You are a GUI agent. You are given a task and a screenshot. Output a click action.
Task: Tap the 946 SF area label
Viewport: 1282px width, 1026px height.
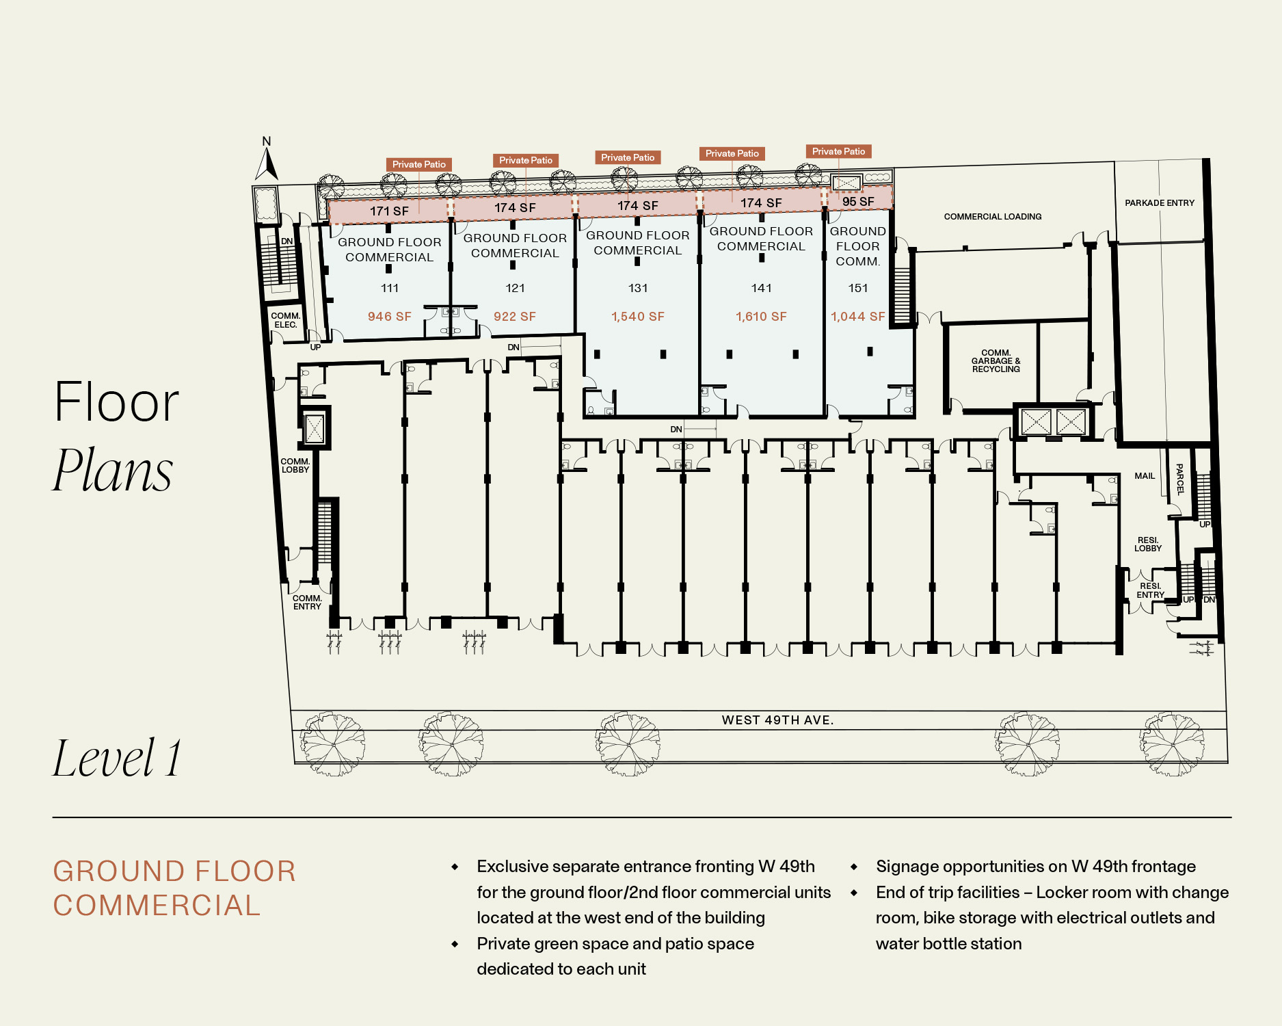[390, 317]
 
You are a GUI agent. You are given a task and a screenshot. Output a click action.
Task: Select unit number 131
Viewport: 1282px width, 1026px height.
[638, 288]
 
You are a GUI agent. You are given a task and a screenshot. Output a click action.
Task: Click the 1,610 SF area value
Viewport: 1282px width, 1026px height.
[761, 317]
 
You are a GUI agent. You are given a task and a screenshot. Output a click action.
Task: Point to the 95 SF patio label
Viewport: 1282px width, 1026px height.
[858, 202]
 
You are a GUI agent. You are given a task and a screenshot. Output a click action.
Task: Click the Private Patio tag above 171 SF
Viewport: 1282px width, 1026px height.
[419, 164]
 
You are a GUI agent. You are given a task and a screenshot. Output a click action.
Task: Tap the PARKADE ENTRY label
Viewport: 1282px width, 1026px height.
[1160, 203]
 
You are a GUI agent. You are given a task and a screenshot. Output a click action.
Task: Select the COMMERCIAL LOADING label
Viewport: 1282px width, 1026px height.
[993, 217]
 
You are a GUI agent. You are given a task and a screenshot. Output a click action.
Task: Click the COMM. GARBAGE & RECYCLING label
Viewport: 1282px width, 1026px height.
[996, 361]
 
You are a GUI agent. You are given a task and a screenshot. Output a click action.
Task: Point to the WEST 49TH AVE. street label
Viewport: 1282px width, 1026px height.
[778, 720]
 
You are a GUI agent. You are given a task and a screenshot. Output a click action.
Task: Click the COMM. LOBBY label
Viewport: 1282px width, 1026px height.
[295, 466]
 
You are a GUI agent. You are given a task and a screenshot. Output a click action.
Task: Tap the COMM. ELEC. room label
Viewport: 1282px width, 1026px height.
[286, 320]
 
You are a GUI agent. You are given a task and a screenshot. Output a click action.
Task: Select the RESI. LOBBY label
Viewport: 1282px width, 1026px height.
[1148, 544]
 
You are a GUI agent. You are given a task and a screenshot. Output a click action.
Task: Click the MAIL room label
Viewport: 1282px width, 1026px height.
[1145, 476]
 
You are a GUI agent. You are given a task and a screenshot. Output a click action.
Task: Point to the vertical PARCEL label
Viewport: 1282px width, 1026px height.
[1179, 479]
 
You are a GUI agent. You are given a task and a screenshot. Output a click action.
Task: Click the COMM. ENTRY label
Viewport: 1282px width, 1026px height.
[307, 603]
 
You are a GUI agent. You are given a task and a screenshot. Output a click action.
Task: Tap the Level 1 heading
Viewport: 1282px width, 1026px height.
[118, 758]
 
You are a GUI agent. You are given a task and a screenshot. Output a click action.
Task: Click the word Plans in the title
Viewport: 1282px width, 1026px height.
[113, 470]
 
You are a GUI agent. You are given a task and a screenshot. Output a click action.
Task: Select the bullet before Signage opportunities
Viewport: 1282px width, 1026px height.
[854, 867]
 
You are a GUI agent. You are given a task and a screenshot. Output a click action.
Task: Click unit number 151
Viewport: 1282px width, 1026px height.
[858, 288]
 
